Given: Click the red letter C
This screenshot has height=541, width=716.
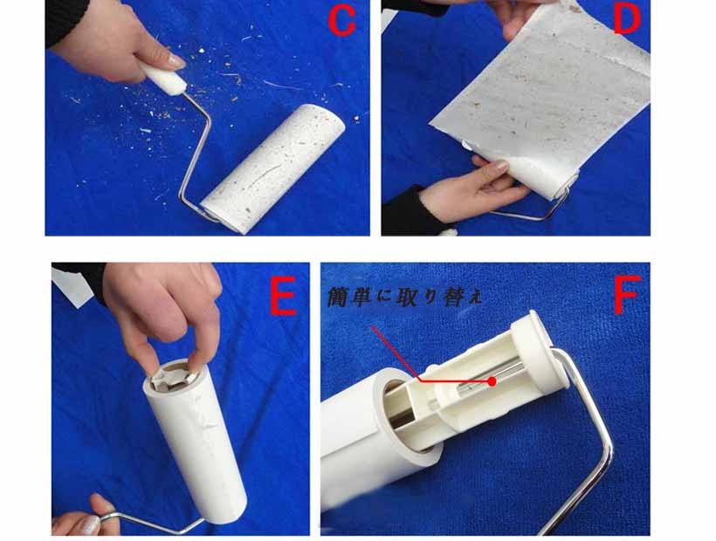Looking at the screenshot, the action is (x=342, y=22).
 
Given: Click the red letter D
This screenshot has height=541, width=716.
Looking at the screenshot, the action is (x=627, y=20).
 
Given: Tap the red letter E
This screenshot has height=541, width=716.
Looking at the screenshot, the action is (x=283, y=297).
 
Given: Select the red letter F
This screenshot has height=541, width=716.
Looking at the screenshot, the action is (x=627, y=294).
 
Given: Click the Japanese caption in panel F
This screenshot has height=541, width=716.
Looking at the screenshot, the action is (x=404, y=298).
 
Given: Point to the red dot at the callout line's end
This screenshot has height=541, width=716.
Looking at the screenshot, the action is (x=492, y=381).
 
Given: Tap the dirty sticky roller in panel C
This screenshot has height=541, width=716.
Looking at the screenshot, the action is (x=273, y=169).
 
